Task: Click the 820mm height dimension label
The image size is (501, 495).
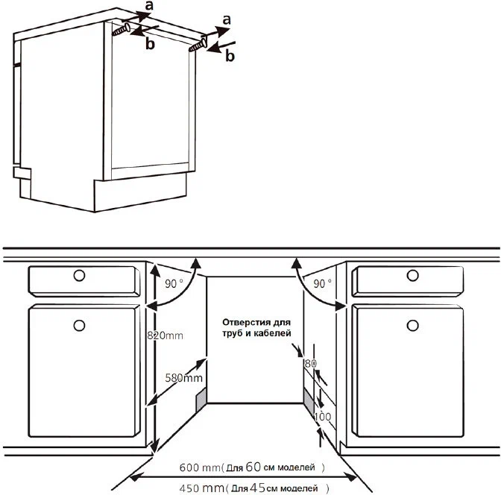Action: click(165, 335)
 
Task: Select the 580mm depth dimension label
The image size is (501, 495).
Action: click(183, 378)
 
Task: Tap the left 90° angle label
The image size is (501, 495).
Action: click(174, 284)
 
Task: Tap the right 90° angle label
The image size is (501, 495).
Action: click(322, 284)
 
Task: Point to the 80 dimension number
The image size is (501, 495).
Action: click(310, 363)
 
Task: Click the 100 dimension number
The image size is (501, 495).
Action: click(323, 417)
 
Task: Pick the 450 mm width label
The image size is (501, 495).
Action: click(201, 488)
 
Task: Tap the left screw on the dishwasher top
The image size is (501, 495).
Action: click(121, 30)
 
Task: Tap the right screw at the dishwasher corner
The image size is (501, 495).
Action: click(198, 45)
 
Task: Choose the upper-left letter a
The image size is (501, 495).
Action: click(148, 5)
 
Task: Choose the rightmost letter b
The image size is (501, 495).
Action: click(230, 56)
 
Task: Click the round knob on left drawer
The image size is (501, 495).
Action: click(79, 275)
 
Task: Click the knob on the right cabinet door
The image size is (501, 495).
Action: click(413, 326)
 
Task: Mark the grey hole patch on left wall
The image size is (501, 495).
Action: click(201, 401)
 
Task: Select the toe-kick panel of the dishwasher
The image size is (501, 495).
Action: click(140, 192)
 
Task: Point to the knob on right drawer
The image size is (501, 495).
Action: click(413, 275)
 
